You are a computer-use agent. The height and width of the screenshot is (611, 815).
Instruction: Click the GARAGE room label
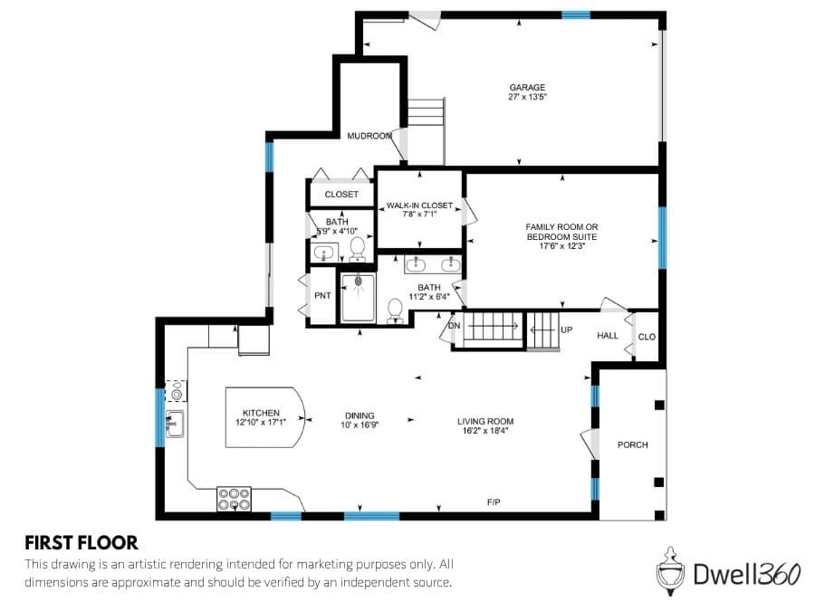527,87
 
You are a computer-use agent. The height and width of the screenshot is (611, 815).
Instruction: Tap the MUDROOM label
369,136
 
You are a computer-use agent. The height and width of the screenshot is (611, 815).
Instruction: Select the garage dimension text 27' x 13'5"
527,97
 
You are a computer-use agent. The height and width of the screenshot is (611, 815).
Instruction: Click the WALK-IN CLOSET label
419,205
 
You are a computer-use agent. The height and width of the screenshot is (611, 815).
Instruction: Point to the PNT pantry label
322,296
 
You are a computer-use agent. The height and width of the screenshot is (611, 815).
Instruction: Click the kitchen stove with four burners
234,499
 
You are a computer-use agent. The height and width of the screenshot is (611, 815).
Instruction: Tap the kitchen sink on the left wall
175,424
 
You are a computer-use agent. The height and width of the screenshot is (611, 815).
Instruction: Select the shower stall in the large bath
358,298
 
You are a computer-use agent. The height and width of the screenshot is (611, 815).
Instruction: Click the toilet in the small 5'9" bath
358,249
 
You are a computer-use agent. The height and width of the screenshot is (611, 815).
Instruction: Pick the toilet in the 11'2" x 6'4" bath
395,310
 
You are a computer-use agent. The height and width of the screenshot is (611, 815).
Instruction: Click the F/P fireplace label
494,501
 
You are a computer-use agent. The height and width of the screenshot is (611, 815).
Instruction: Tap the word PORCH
633,444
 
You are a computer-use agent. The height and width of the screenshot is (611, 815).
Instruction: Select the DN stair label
454,326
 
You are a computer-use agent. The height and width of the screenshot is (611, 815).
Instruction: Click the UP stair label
567,329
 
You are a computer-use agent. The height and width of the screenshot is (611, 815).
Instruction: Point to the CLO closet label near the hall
647,338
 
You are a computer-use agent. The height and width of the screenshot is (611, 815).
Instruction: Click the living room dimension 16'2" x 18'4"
485,431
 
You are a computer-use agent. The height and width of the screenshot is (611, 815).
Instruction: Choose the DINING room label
360,415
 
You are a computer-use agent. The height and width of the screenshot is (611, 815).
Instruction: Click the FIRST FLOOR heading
81,543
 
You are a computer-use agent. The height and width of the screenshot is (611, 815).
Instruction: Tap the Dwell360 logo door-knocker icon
670,570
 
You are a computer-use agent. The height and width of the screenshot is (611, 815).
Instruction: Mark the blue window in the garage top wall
576,15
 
